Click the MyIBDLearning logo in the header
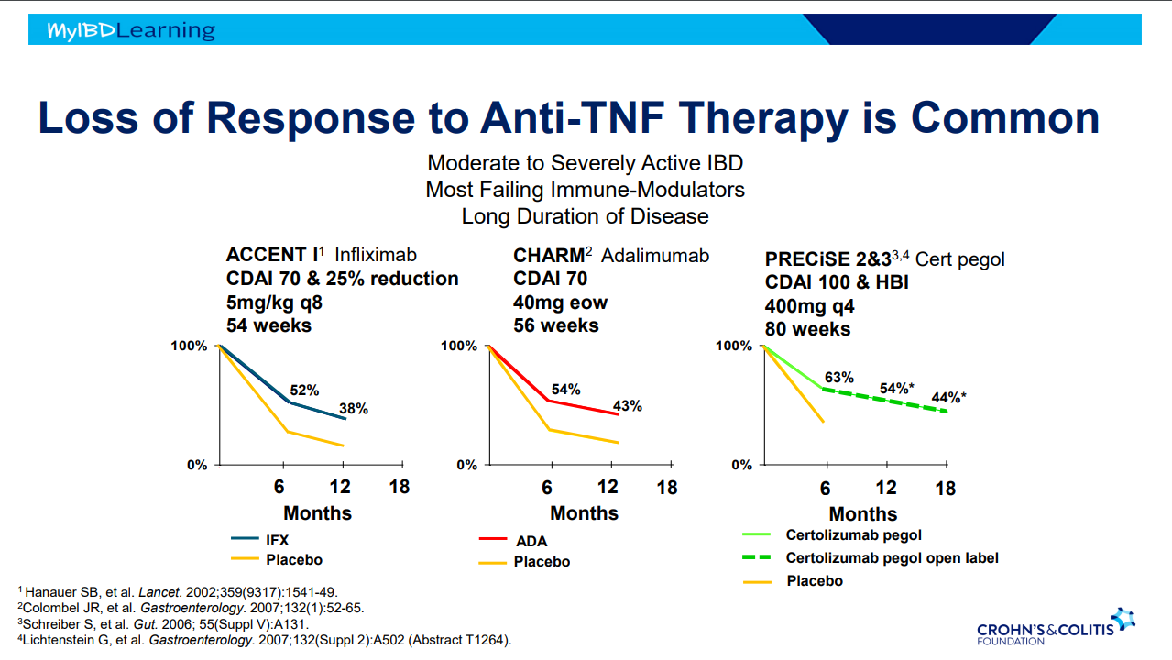131,31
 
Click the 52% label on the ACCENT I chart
304,390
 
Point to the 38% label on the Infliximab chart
353,409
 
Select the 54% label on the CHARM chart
565,390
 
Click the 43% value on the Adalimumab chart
627,406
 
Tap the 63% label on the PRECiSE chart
838,377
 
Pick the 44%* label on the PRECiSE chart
948,398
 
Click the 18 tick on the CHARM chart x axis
667,488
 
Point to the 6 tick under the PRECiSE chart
825,489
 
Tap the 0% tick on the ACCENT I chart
197,465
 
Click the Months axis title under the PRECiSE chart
863,514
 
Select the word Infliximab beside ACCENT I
375,255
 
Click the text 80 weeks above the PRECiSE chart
807,329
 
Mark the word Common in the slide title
1005,119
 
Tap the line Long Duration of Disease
585,216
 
